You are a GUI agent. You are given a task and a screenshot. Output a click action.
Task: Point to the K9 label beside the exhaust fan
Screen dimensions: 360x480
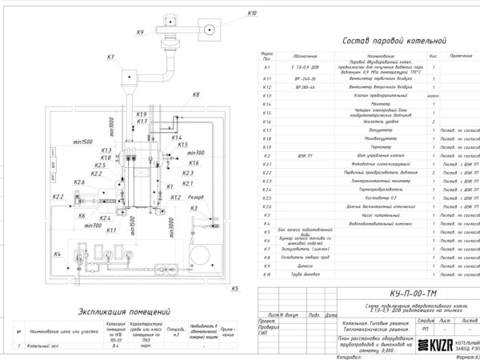140,32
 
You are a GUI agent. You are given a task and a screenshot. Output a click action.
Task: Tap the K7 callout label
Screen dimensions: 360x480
110,57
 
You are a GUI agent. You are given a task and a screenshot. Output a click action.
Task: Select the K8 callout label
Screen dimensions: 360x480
196,95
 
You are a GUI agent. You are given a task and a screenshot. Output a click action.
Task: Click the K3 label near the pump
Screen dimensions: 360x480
194,208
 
